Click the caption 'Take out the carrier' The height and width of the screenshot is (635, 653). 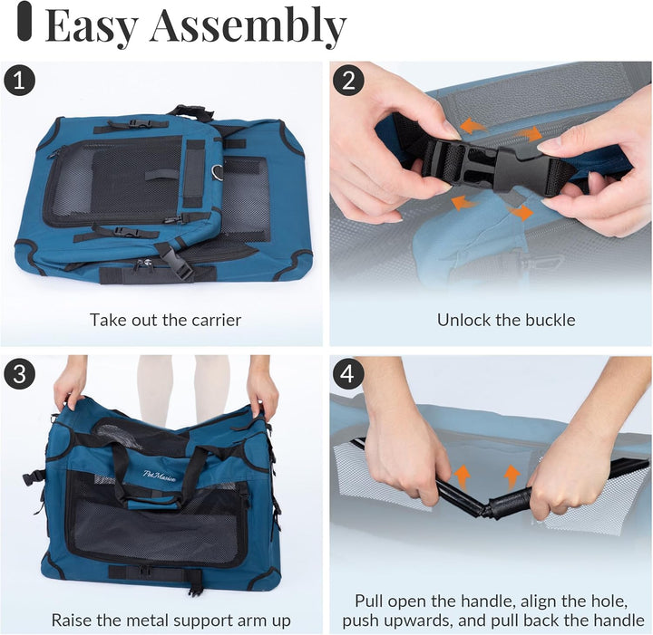165,320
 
